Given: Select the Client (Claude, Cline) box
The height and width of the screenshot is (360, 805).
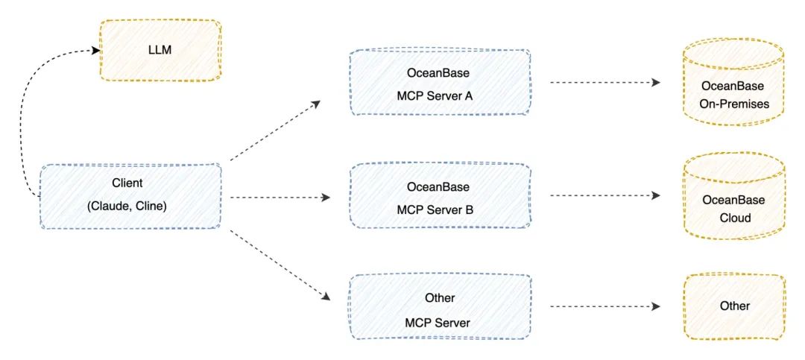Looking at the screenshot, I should pos(130,196).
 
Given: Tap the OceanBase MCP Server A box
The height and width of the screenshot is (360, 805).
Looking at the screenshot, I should pos(440,83).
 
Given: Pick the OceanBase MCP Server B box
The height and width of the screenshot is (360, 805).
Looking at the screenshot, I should pos(440,197).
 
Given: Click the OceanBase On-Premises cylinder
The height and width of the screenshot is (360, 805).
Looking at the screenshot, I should pos(733,86).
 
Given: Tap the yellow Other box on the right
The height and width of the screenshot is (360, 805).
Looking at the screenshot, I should pos(734,306).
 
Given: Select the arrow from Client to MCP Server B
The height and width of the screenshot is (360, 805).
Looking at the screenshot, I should pos(280,198).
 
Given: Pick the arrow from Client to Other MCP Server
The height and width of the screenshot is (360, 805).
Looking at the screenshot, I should pos(280,265).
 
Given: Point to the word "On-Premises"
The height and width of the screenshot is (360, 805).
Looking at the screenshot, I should pos(733,104).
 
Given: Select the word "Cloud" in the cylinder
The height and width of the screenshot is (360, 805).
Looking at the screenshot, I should pos(733,218).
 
